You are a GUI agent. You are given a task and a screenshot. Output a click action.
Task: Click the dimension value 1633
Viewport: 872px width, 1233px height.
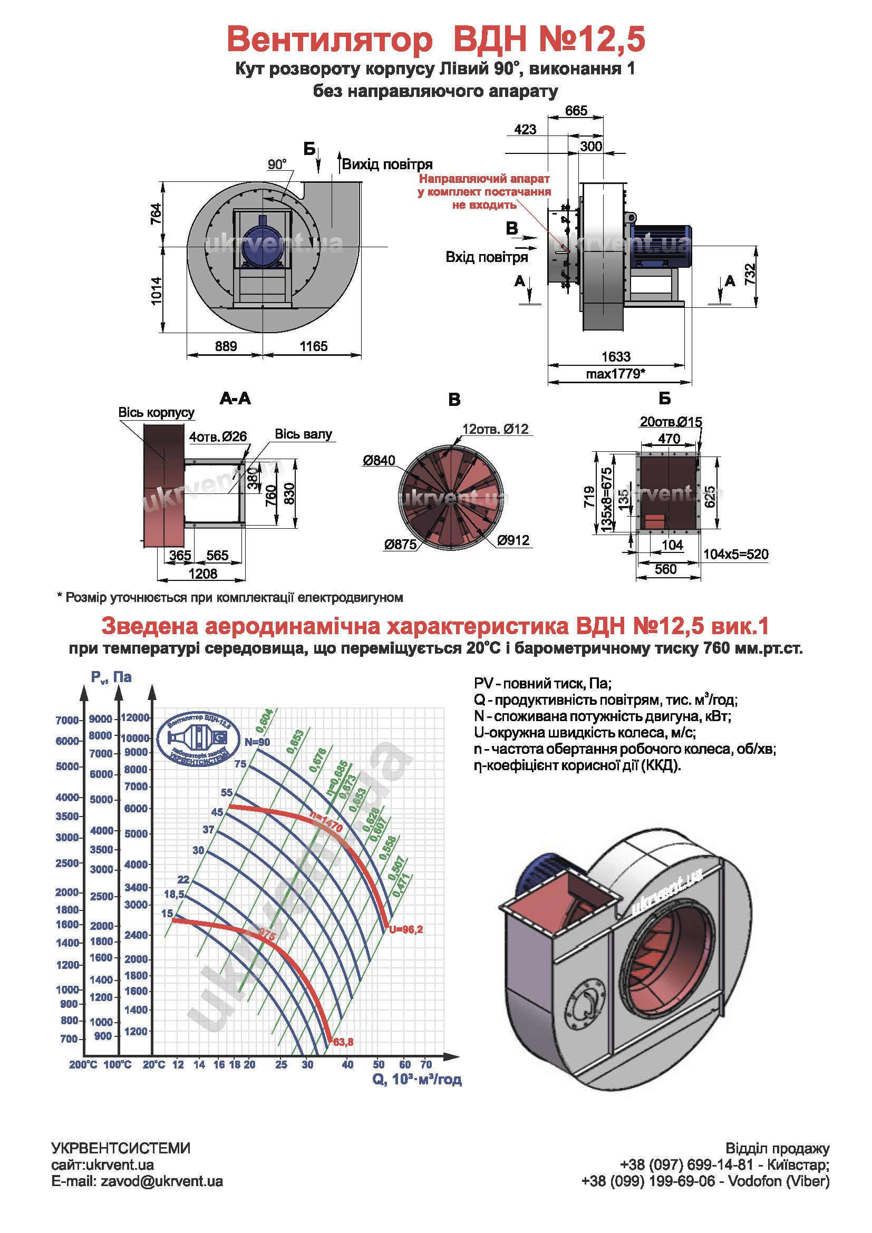[615, 356]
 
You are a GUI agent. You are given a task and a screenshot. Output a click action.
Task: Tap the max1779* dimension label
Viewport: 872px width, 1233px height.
[615, 374]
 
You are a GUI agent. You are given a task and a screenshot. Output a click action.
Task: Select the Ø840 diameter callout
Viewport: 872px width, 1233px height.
[379, 461]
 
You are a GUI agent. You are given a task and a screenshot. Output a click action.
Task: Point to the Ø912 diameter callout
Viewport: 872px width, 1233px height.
[513, 540]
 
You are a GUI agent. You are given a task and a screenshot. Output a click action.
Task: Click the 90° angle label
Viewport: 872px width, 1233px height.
[277, 164]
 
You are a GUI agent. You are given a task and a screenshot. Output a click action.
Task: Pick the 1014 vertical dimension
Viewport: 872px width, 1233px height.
[156, 290]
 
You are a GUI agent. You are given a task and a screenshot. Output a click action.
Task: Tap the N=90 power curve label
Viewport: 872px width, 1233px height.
[257, 742]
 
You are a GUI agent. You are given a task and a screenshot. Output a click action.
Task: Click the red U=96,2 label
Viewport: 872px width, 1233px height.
[406, 929]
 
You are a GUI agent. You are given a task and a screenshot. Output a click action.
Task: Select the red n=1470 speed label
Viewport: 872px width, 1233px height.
[326, 822]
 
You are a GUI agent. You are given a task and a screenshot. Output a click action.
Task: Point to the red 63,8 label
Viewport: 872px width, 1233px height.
[343, 1042]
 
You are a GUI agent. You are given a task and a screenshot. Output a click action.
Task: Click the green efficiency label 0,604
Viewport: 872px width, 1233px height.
[264, 721]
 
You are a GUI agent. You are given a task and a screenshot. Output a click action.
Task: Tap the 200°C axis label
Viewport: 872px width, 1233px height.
[83, 1064]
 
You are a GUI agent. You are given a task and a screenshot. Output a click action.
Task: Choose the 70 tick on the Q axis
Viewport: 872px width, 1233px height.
[426, 1064]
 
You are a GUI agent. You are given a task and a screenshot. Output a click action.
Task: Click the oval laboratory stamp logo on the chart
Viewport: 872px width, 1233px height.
[199, 739]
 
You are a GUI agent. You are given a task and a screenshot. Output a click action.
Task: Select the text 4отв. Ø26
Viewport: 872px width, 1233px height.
[217, 436]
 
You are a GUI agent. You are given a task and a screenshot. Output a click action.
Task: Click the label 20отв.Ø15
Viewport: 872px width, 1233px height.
[671, 422]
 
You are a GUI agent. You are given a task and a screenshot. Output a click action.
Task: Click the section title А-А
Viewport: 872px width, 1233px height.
[235, 399]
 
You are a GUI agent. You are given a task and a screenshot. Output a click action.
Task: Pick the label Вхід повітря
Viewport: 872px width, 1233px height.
[487, 257]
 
